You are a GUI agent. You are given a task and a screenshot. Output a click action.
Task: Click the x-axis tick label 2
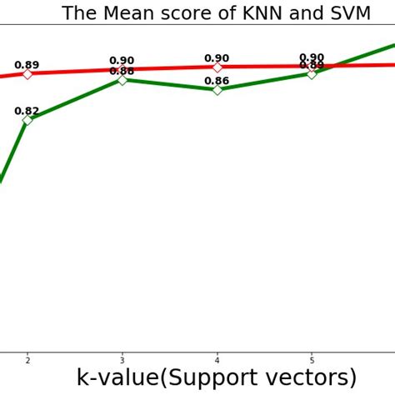pyautogui.click(x=27, y=360)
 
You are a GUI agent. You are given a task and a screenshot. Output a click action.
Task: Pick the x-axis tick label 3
pyautogui.click(x=122, y=360)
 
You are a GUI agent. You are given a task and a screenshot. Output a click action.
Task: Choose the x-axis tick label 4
pyautogui.click(x=217, y=360)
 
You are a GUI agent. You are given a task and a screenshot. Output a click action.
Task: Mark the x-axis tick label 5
pyautogui.click(x=312, y=360)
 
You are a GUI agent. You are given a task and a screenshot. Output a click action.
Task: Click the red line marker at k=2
pyautogui.click(x=27, y=74)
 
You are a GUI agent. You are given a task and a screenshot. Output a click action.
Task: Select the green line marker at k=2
pyautogui.click(x=27, y=120)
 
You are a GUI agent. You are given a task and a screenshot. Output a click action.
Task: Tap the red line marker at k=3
pyautogui.click(x=122, y=70)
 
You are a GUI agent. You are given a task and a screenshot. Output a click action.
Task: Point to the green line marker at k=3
pyautogui.click(x=122, y=79)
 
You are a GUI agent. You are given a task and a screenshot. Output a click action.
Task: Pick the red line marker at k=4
pyautogui.click(x=217, y=67)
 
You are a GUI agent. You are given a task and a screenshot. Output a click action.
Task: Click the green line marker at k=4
pyautogui.click(x=217, y=89)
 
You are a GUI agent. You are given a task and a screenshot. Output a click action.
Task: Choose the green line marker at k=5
pyautogui.click(x=312, y=73)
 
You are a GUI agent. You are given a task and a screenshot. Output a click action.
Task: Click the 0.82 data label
pyautogui.click(x=27, y=111)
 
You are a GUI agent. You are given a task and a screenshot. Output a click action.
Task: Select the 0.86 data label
pyautogui.click(x=217, y=81)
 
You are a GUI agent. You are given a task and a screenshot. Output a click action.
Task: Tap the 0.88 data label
pyautogui.click(x=122, y=72)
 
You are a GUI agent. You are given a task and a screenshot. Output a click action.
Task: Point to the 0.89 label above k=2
pyautogui.click(x=27, y=65)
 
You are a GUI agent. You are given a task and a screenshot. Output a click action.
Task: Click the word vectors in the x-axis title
pyautogui.click(x=312, y=377)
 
